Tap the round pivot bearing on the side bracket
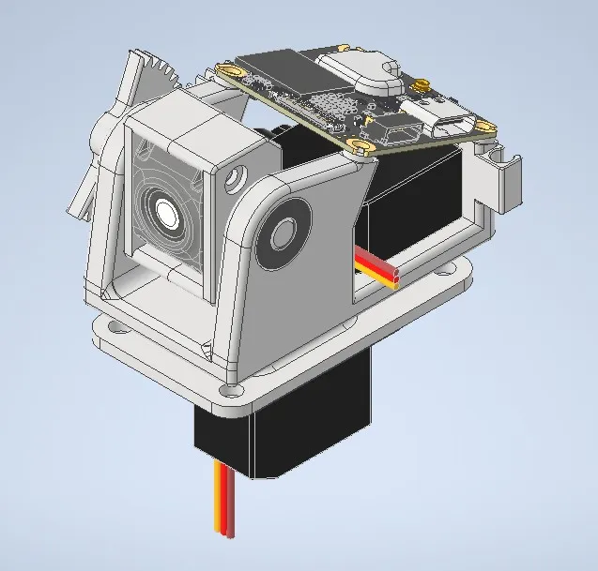point(283,230)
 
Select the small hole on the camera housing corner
point(231,174)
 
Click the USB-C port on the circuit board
point(455,125)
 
